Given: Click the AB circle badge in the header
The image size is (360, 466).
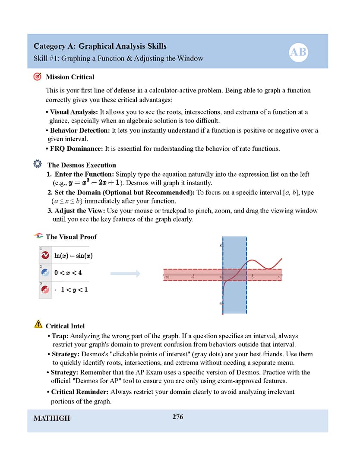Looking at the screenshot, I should (x=298, y=53).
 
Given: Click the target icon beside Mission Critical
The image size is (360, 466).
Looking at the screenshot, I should (x=38, y=77).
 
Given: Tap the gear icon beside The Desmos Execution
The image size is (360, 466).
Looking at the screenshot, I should (x=38, y=165).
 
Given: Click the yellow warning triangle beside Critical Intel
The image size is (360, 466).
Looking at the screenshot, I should (x=38, y=325).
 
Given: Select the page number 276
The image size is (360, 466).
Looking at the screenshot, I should (x=177, y=417).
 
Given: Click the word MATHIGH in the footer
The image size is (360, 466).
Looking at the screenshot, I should (x=51, y=418).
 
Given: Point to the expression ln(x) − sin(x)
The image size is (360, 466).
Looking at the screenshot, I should (x=73, y=256).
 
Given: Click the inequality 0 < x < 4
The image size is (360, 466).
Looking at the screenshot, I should (x=68, y=273).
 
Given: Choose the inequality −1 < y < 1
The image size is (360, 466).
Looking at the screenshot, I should (x=71, y=290).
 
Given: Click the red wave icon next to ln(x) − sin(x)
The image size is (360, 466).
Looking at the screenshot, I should (x=45, y=256).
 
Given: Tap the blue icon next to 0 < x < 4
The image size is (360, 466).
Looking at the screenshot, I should (x=45, y=273).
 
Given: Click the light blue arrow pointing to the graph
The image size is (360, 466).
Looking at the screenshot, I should (x=125, y=273).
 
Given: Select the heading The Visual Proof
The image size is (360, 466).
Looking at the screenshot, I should (x=71, y=237).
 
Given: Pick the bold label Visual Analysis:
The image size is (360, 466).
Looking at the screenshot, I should (x=74, y=112).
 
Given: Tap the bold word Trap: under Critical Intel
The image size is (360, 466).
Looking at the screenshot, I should (x=60, y=336).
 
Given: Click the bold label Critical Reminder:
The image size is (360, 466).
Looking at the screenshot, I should (x=80, y=392).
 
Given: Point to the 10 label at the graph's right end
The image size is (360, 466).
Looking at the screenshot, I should (x=279, y=277).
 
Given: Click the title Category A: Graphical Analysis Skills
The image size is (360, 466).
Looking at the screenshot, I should (x=100, y=46).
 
